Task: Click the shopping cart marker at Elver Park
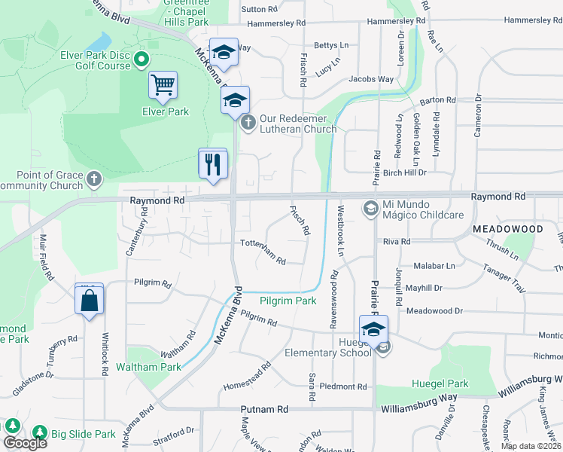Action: (x=163, y=86)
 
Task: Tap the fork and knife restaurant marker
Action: (x=212, y=163)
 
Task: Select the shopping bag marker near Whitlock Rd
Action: (x=89, y=301)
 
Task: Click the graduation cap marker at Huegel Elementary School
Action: (x=373, y=329)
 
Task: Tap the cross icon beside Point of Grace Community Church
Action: (x=93, y=179)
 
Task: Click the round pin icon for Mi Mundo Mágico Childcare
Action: (x=370, y=207)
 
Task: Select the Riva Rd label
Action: (x=396, y=242)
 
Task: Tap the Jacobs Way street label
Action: (x=371, y=79)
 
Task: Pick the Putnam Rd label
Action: (x=265, y=409)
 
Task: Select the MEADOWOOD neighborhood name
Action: (x=507, y=228)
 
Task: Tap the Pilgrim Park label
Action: (x=288, y=301)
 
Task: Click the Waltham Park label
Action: (x=149, y=367)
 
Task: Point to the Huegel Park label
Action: (x=440, y=383)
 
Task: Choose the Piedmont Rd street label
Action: (x=342, y=386)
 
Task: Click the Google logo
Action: (x=24, y=443)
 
